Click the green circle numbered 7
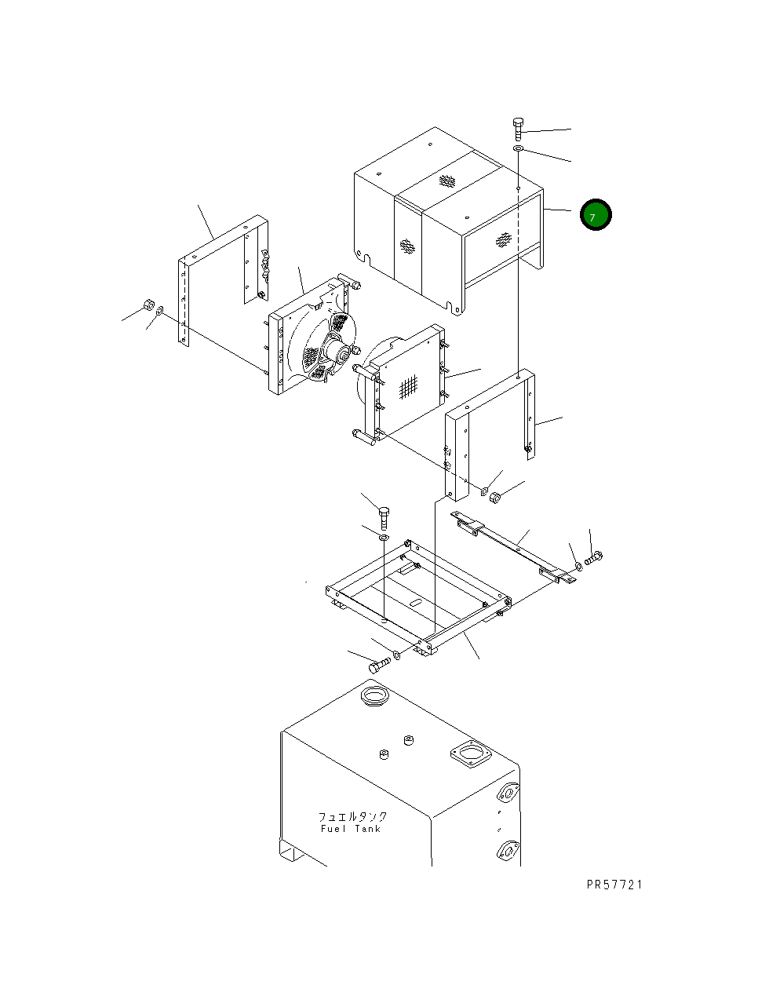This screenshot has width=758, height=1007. click(x=596, y=215)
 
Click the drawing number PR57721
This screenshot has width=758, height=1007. click(x=614, y=885)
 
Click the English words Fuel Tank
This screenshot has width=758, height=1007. click(x=350, y=829)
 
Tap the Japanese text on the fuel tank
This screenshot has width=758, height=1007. click(x=352, y=816)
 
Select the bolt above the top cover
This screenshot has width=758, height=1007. click(x=518, y=129)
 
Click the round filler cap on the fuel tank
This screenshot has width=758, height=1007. click(x=374, y=695)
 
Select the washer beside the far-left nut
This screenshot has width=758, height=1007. click(x=160, y=312)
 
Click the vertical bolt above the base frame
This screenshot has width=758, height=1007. click(x=384, y=517)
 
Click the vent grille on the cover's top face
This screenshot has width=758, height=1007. click(x=447, y=181)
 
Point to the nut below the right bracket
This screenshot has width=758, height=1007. click(x=495, y=497)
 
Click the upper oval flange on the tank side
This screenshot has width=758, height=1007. click(x=508, y=794)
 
